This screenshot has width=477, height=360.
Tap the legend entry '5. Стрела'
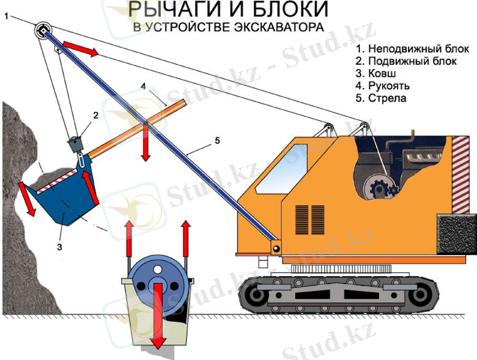376,98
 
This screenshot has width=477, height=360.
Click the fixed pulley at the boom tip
43,30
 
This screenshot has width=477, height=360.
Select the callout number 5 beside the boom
217,140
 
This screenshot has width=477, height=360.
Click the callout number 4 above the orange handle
143,86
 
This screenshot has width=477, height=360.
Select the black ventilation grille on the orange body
310,219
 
